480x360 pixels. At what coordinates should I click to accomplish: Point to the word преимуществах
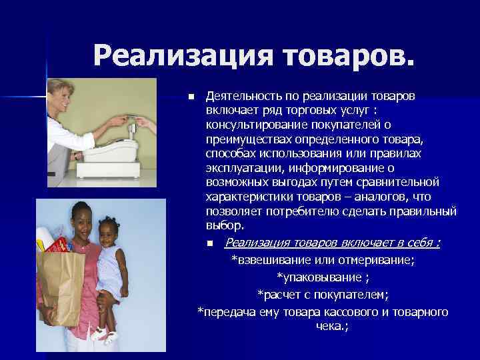(x=246, y=139)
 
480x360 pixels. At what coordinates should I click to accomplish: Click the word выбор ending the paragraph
(x=221, y=226)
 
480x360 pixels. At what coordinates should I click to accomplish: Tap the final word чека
(x=331, y=327)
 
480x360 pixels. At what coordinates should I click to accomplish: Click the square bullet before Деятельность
(x=190, y=97)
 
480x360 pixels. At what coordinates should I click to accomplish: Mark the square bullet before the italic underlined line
(x=210, y=243)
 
